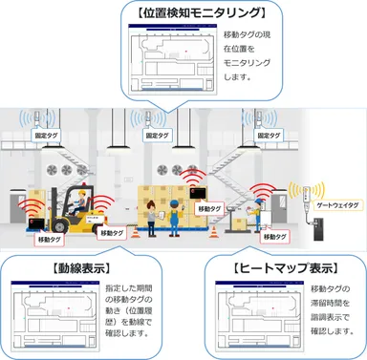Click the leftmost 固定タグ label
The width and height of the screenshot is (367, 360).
coord(46,137)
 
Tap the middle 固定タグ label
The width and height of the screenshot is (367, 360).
coord(159,137)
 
